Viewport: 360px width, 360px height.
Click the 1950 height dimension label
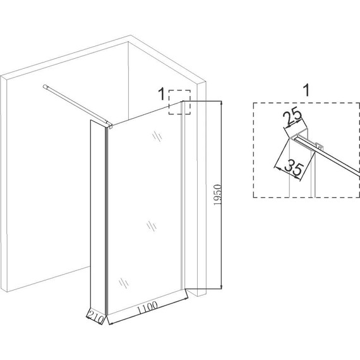click(217, 195)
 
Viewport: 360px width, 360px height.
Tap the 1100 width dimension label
click(148, 307)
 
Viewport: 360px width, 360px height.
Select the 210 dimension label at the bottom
click(95, 318)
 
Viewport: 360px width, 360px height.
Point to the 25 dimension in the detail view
click(292, 117)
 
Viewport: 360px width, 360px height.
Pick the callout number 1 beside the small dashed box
click(162, 94)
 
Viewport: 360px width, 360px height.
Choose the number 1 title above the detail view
click(306, 90)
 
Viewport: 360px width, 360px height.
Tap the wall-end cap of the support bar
click(45, 87)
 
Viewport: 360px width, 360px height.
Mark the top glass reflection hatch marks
click(157, 136)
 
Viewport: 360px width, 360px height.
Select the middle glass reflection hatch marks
click(152, 226)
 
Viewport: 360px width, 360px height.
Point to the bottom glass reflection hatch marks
click(124, 282)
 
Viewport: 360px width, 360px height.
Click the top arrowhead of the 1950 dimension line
click(221, 102)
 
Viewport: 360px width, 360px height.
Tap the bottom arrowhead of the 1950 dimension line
click(221, 287)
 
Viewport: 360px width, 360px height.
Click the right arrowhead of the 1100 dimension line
click(186, 299)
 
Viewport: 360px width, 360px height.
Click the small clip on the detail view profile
click(319, 146)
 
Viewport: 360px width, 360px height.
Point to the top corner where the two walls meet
click(128, 42)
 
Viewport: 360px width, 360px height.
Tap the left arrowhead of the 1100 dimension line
click(110, 323)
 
